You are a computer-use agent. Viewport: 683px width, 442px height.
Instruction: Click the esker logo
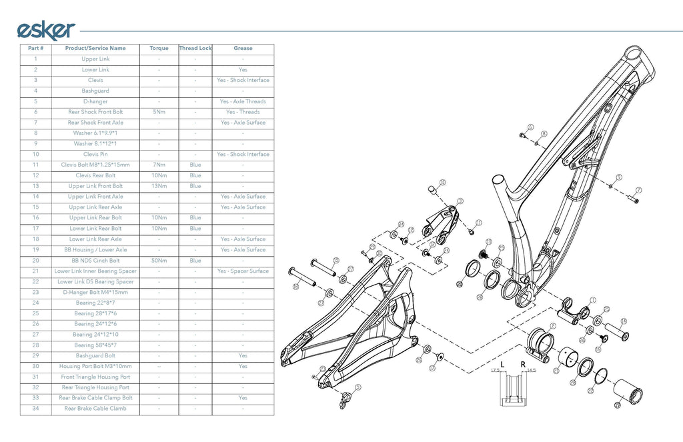click(45, 30)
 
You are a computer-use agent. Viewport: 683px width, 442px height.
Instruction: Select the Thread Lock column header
click(195, 48)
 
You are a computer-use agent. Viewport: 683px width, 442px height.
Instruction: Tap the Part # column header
click(35, 48)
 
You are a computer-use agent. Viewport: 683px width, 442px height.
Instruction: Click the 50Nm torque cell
click(158, 261)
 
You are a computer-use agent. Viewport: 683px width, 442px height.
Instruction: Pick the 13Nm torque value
click(158, 186)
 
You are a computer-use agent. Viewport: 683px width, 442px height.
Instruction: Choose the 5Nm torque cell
click(158, 112)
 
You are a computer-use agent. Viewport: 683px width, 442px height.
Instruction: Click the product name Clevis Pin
click(95, 154)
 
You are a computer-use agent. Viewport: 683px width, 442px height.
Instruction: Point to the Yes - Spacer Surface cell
click(243, 271)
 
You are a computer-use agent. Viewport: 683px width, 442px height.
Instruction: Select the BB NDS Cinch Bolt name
click(95, 261)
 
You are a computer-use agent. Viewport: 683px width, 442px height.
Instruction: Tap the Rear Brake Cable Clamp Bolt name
click(95, 398)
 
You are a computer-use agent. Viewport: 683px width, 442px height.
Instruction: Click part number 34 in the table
click(35, 409)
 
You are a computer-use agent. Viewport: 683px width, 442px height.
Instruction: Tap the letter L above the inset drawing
click(502, 364)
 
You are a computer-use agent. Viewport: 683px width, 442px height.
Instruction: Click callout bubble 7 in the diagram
click(638, 190)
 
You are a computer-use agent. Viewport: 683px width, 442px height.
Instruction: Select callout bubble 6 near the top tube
click(530, 127)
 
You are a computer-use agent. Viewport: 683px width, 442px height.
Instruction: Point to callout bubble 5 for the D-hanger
click(358, 387)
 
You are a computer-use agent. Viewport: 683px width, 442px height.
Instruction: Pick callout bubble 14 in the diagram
click(624, 321)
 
